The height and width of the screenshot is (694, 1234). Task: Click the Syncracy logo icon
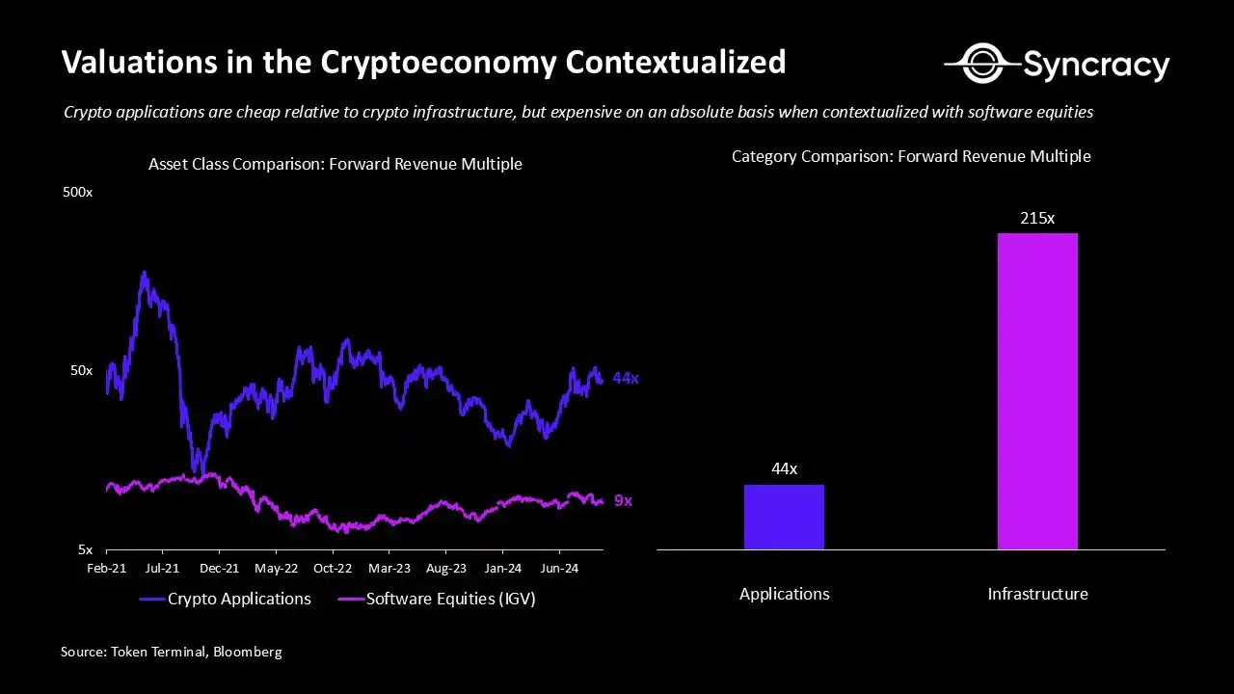(980, 64)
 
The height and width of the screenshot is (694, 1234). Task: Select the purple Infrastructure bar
(1037, 391)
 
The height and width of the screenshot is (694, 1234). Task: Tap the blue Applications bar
(784, 517)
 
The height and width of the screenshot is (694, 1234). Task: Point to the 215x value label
(1037, 219)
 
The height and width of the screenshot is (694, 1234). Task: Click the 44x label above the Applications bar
(784, 469)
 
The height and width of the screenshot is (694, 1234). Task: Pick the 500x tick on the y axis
(77, 193)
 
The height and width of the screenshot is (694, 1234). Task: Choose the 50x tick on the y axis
(80, 371)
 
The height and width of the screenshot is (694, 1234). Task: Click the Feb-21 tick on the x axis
(106, 569)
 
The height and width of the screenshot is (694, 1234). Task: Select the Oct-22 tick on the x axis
(332, 569)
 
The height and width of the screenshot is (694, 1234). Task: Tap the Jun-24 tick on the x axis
(559, 569)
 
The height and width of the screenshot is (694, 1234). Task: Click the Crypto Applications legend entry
(226, 599)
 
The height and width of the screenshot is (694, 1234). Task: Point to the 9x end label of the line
(623, 501)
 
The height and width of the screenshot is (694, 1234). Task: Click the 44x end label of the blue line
(626, 379)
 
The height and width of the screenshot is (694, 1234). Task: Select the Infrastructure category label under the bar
(1037, 594)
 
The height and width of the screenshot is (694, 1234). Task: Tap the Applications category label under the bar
(784, 594)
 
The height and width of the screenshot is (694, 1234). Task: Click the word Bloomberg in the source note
(247, 653)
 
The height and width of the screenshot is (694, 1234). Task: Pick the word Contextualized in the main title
(675, 63)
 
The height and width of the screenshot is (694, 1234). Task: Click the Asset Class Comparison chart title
(335, 164)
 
